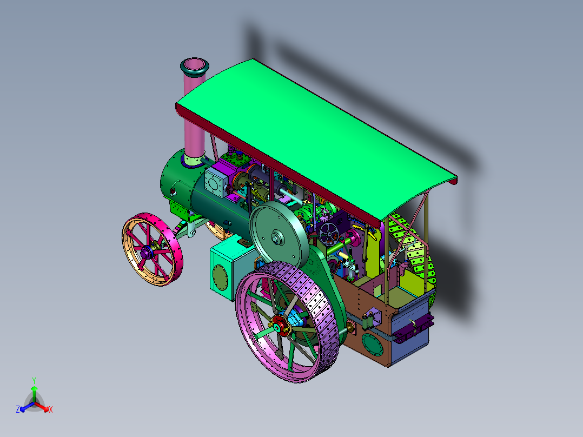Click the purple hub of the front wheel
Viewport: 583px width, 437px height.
[x=145, y=253]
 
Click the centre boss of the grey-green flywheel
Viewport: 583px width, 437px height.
[x=276, y=237]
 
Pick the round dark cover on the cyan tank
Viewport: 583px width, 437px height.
[x=220, y=276]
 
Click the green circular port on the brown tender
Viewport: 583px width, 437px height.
[x=372, y=345]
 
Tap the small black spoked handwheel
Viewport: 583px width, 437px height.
[x=329, y=234]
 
